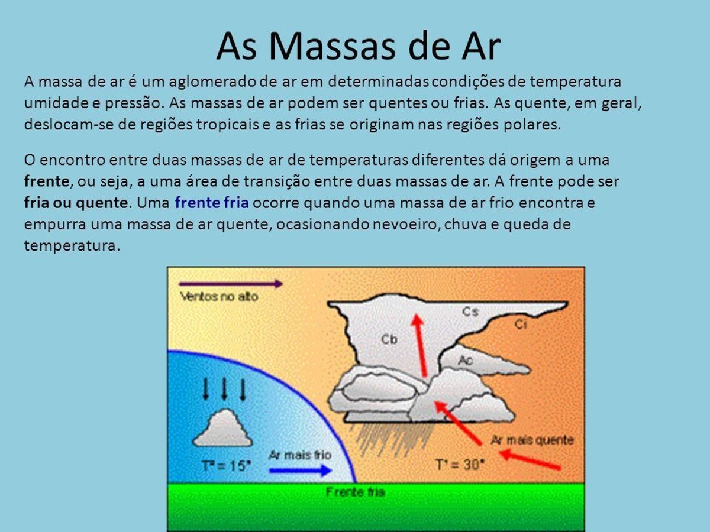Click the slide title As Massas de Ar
359,46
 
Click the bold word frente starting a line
47,181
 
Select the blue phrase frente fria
212,203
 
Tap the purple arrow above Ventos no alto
231,284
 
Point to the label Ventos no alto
219,297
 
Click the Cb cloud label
389,339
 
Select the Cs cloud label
470,312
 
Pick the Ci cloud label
521,324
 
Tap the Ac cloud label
466,360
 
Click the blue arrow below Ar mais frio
301,471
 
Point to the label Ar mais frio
300,455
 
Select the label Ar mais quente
532,440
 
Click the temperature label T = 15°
226,466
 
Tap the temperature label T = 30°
460,465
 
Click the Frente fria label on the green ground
355,492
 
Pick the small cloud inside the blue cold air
222,428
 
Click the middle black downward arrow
224,389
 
